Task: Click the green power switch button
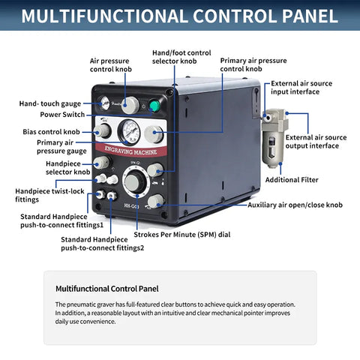click(x=154, y=106)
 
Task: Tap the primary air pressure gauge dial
click(x=129, y=131)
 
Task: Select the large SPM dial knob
click(x=133, y=182)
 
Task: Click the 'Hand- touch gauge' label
click(x=50, y=103)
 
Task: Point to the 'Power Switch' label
click(x=62, y=115)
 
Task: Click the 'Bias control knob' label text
click(x=51, y=132)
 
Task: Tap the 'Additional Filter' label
click(x=292, y=180)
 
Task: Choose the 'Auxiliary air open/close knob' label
click(x=295, y=205)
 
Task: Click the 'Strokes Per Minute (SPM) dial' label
click(x=182, y=235)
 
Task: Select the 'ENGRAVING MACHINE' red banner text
click(x=130, y=151)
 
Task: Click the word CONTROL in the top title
click(x=235, y=16)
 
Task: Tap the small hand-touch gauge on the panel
click(x=103, y=103)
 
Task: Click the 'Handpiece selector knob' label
click(x=67, y=168)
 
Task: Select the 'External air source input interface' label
click(x=301, y=88)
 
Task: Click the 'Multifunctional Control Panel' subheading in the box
click(x=107, y=289)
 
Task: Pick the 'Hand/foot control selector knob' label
click(x=181, y=57)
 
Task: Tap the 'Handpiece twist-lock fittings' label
click(x=49, y=195)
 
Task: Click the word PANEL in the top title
click(x=310, y=16)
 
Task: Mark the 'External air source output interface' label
click(x=316, y=142)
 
